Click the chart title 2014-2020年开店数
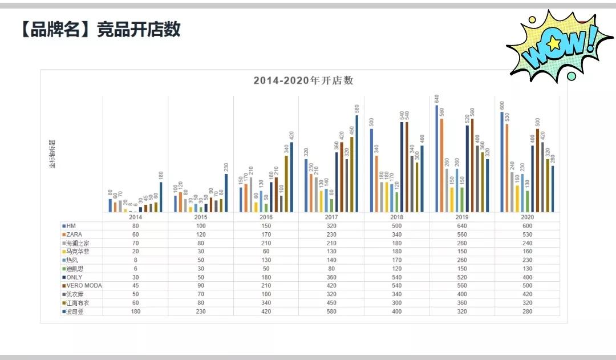[x=303, y=80]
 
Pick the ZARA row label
[x=74, y=234]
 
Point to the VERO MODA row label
[x=83, y=286]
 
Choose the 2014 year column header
[x=136, y=217]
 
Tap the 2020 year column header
[x=527, y=217]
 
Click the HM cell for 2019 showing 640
[x=461, y=226]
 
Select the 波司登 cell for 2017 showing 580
[x=331, y=312]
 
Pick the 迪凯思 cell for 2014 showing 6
[x=136, y=269]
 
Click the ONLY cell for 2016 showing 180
[x=266, y=277]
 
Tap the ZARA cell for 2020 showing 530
[x=527, y=234]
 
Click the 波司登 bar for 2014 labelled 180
[x=161, y=197]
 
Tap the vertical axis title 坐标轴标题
[x=52, y=154]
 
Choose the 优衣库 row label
[x=75, y=294]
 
